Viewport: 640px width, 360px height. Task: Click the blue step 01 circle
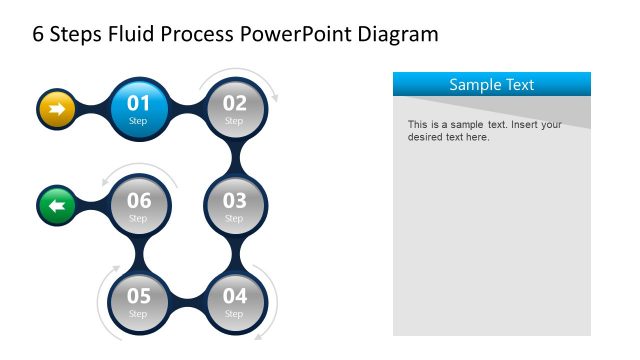click(x=138, y=107)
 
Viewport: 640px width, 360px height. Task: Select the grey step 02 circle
click(x=234, y=107)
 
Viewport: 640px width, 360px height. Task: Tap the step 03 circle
click(x=234, y=205)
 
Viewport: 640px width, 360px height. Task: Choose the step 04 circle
click(x=234, y=300)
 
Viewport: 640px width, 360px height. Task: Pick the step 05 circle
click(x=138, y=300)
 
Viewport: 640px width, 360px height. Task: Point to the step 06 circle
click(x=138, y=205)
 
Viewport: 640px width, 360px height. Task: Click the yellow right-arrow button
click(x=56, y=107)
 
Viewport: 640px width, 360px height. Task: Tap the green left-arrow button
click(x=56, y=206)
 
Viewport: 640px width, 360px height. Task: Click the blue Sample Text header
click(x=491, y=84)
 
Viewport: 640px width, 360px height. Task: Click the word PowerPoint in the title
click(x=289, y=35)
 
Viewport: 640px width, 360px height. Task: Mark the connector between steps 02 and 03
click(x=236, y=156)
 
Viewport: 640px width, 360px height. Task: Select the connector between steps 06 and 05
click(x=138, y=253)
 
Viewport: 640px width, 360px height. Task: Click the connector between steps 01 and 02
click(x=186, y=107)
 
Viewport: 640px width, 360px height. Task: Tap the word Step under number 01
click(x=138, y=121)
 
